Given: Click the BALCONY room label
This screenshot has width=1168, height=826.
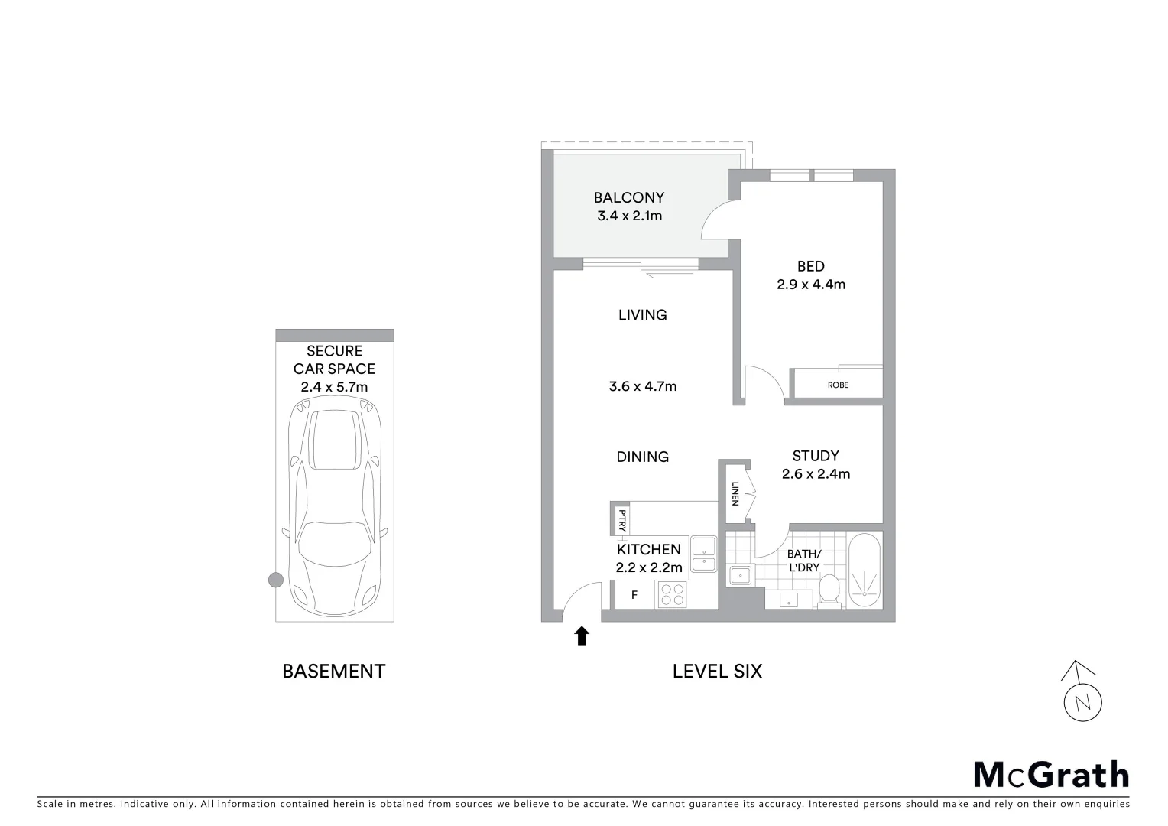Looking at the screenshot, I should pyautogui.click(x=628, y=198).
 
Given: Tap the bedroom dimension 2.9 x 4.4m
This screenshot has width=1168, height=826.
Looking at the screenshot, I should pyautogui.click(x=810, y=285).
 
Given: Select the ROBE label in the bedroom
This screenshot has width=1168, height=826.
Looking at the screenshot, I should pyautogui.click(x=838, y=385).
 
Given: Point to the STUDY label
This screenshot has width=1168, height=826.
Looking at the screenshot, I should pyautogui.click(x=816, y=456).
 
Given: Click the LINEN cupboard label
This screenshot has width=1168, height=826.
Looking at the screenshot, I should pyautogui.click(x=735, y=493).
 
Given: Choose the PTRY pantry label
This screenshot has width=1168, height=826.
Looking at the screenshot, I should pyautogui.click(x=622, y=520).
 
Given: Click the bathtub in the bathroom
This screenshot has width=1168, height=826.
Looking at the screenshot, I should pyautogui.click(x=865, y=571).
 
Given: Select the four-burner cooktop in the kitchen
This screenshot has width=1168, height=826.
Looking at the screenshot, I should pyautogui.click(x=672, y=594).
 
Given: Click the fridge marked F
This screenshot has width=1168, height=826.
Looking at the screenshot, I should pyautogui.click(x=634, y=594).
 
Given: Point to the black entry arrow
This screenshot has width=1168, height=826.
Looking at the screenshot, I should pyautogui.click(x=582, y=636).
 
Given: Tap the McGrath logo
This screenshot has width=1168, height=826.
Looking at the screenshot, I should pyautogui.click(x=1050, y=775).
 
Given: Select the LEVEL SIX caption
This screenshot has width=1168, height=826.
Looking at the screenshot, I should pyautogui.click(x=717, y=672).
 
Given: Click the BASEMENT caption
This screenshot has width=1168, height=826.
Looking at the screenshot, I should pyautogui.click(x=334, y=672).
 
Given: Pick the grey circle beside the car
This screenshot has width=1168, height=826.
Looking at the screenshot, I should pyautogui.click(x=276, y=580).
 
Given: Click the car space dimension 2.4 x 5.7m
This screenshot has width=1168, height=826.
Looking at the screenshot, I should pyautogui.click(x=334, y=387).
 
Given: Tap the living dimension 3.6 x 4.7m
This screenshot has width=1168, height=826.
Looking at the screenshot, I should pyautogui.click(x=642, y=386).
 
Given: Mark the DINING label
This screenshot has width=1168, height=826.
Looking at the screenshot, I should pyautogui.click(x=642, y=457).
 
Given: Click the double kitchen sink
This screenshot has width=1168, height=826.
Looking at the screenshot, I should pyautogui.click(x=702, y=555).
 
